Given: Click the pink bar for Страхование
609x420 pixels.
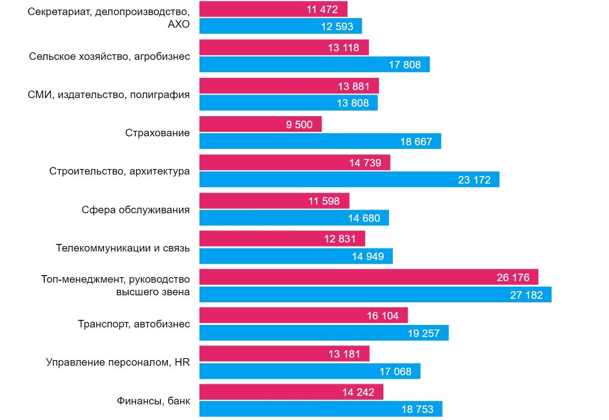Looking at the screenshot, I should pyautogui.click(x=260, y=124).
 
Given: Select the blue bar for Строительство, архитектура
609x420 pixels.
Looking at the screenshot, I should pyautogui.click(x=349, y=180).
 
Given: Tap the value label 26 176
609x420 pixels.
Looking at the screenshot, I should pyautogui.click(x=513, y=277).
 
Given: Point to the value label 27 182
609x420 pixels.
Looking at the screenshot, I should pyautogui.click(x=526, y=295).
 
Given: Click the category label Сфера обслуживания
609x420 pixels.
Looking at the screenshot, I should pyautogui.click(x=136, y=210).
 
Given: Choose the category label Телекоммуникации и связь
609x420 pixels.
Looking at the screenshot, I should pyautogui.click(x=123, y=248).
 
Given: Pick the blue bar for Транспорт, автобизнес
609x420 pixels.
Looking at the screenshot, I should pyautogui.click(x=324, y=333).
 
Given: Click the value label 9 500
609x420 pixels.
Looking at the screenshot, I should pyautogui.click(x=299, y=125).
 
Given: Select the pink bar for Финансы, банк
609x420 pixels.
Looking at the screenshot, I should pyautogui.click(x=291, y=392).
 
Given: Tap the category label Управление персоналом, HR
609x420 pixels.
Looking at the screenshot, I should pyautogui.click(x=118, y=362).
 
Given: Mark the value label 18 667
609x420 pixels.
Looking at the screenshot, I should pyautogui.click(x=416, y=142).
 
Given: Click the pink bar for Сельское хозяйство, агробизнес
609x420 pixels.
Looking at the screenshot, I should pyautogui.click(x=284, y=48).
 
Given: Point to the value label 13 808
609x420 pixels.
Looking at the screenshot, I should pyautogui.click(x=352, y=103).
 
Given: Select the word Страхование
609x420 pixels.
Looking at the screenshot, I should pyautogui.click(x=157, y=133).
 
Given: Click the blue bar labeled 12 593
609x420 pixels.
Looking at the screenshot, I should pyautogui.click(x=280, y=26).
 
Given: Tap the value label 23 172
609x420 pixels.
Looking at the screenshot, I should pyautogui.click(x=474, y=180).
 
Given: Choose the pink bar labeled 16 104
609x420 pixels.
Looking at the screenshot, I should pyautogui.click(x=303, y=315).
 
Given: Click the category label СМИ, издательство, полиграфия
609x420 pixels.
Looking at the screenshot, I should pyautogui.click(x=109, y=95).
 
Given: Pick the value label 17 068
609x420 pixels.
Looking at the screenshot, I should pyautogui.click(x=395, y=371).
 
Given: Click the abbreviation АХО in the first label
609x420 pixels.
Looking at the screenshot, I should pyautogui.click(x=178, y=24).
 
